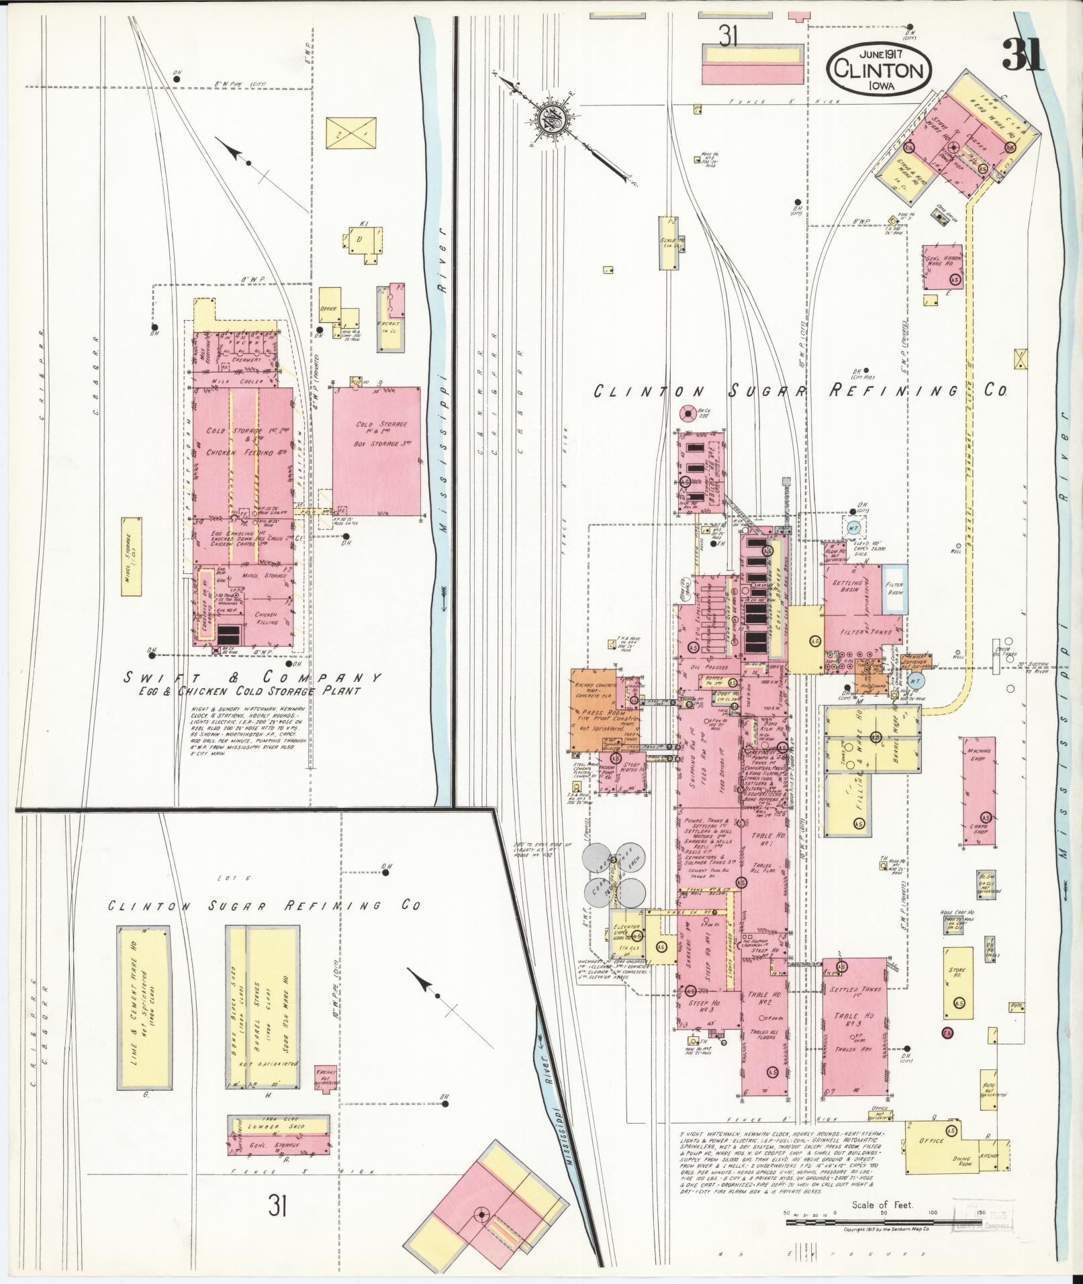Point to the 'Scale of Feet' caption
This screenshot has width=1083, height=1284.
tap(882, 1204)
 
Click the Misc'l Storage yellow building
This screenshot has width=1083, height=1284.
tap(132, 557)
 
